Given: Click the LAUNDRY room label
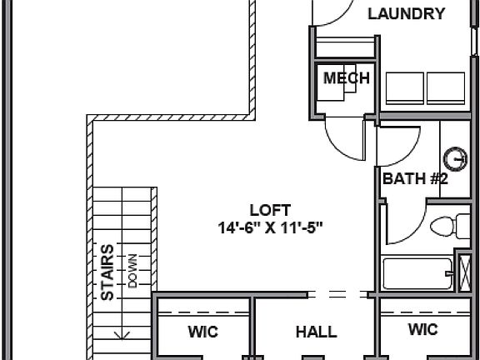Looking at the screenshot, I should pyautogui.click(x=406, y=13).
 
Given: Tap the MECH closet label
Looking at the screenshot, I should pyautogui.click(x=346, y=78).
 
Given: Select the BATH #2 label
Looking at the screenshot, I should pyautogui.click(x=416, y=178).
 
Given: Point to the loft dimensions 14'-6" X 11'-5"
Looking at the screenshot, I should pyautogui.click(x=271, y=226).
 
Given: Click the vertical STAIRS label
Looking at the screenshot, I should pyautogui.click(x=107, y=272).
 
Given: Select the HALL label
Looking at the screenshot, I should pyautogui.click(x=317, y=332).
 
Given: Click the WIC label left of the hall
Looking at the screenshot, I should pyautogui.click(x=202, y=332).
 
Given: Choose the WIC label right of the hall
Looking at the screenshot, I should pyautogui.click(x=422, y=330).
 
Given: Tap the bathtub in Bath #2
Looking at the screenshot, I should pyautogui.click(x=417, y=272).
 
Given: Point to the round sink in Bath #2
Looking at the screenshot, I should pyautogui.click(x=455, y=158).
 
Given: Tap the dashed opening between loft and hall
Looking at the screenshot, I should pyautogui.click(x=340, y=293).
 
